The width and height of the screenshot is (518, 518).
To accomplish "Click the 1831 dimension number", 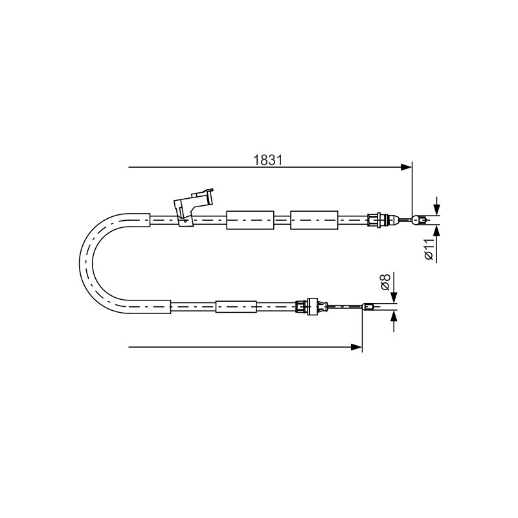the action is [x=268, y=160].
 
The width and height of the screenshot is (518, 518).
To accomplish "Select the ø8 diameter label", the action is [x=385, y=282].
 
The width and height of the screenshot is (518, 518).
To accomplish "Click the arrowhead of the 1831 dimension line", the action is [x=406, y=167].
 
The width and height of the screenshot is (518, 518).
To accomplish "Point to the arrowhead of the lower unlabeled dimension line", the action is [x=357, y=347].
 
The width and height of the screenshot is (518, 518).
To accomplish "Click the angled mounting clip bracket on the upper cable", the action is [x=193, y=206].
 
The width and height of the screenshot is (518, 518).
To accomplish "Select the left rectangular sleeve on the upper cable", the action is [x=250, y=220].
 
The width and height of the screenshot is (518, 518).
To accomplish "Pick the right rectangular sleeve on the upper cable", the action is [x=314, y=220].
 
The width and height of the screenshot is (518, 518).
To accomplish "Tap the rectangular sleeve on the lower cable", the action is [x=236, y=306].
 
